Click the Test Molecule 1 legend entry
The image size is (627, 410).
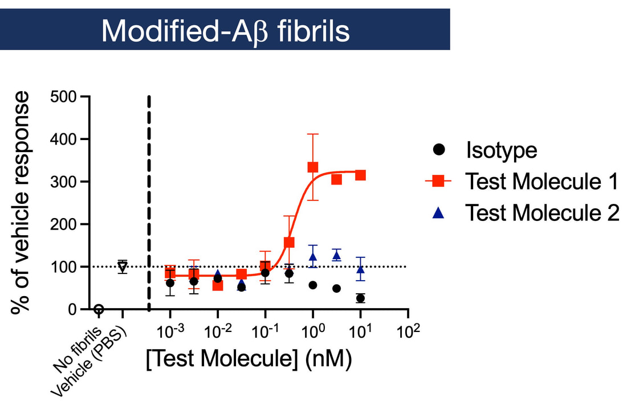[541, 182]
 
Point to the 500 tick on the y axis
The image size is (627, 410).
[63, 96]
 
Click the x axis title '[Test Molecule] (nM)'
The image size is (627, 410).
[248, 359]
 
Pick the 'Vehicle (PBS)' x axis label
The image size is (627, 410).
[91, 359]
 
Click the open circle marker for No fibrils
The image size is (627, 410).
[99, 309]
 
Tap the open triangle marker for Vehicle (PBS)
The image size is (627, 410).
[123, 266]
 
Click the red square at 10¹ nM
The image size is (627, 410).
[360, 175]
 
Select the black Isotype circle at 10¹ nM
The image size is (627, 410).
[360, 298]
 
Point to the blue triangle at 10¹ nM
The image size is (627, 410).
[360, 269]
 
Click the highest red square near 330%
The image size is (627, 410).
[313, 167]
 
